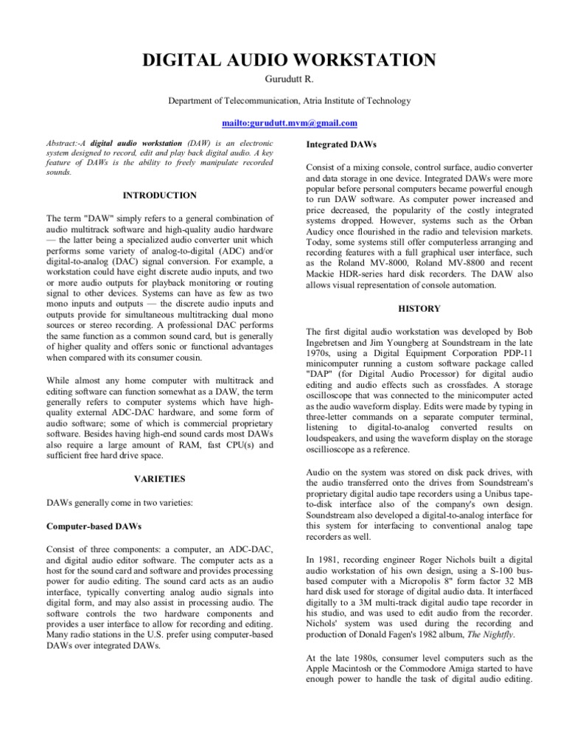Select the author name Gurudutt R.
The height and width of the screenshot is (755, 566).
click(283, 82)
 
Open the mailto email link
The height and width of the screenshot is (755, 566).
click(283, 123)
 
